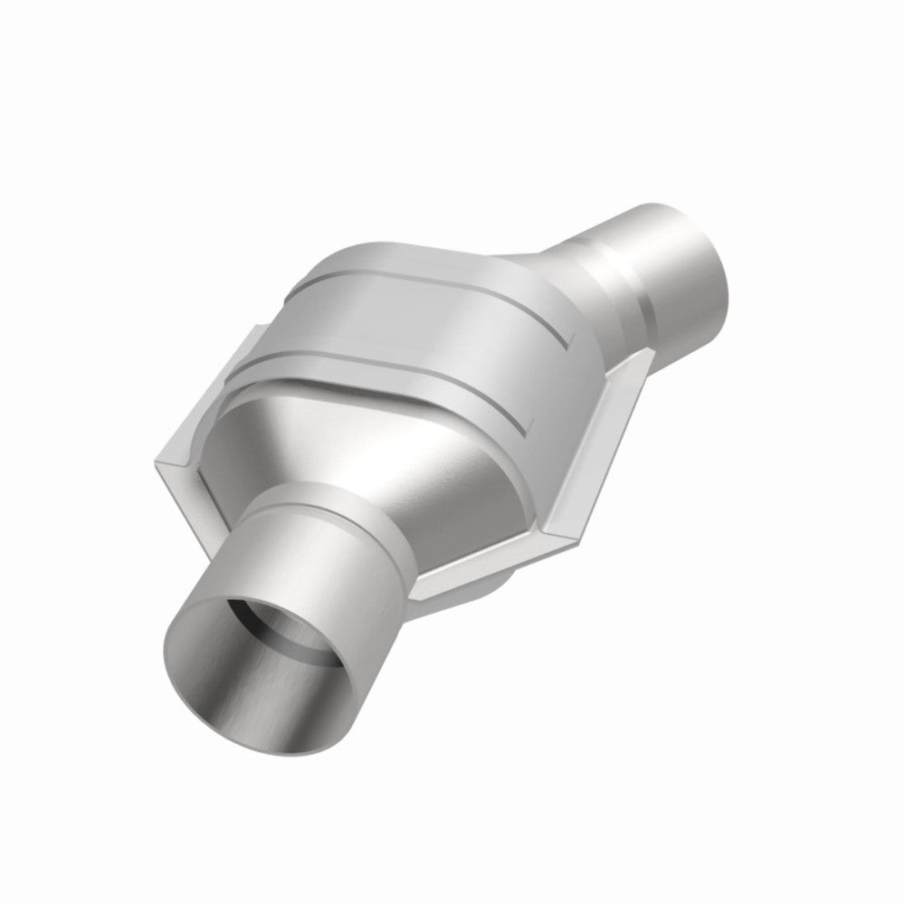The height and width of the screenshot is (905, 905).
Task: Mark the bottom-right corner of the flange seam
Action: [543, 543]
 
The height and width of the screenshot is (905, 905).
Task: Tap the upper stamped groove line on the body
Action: [407, 271]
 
